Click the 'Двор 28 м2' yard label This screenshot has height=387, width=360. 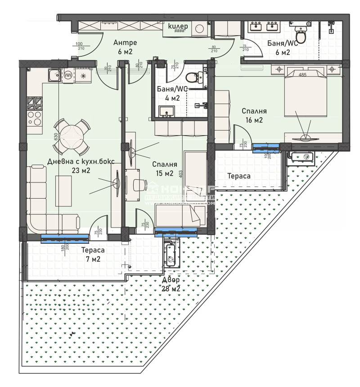coord(171,284)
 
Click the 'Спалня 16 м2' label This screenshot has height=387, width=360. coord(254,115)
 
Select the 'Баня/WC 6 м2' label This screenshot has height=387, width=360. coord(282,48)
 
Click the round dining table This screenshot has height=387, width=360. coord(72,132)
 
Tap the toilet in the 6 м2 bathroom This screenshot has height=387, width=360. coord(301,35)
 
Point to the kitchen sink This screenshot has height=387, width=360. coord(54,75)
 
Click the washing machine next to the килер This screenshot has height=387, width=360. coord(199,29)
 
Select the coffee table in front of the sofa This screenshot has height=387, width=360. coord(63,188)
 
